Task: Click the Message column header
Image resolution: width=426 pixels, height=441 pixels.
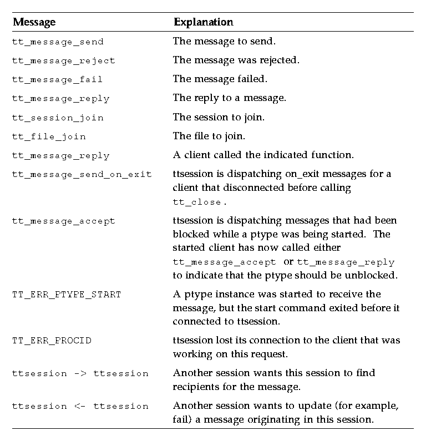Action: click(x=34, y=22)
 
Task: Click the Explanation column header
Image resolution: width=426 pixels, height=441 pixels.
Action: click(x=203, y=22)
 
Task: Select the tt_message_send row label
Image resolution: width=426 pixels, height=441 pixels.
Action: click(x=58, y=42)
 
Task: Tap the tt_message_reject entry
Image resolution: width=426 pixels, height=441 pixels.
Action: click(x=63, y=60)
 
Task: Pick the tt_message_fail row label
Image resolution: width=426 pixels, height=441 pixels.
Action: click(x=57, y=79)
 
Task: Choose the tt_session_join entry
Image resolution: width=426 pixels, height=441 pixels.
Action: click(x=58, y=118)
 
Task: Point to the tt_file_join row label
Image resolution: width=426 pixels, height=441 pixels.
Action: click(x=49, y=136)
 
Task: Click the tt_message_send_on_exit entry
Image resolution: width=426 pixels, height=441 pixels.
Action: click(x=82, y=174)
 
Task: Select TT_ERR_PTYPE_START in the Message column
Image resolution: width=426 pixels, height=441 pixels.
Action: click(x=66, y=295)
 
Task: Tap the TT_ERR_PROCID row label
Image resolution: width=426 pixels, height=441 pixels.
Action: click(x=52, y=341)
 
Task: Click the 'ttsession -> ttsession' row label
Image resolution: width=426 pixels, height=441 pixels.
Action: click(x=80, y=374)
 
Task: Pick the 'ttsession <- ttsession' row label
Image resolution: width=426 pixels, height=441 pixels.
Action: click(x=80, y=407)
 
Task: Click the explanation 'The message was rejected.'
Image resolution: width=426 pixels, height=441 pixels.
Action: click(x=236, y=60)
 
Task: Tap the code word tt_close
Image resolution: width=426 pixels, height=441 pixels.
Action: click(x=196, y=202)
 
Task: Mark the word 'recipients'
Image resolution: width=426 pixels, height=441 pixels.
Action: click(x=195, y=386)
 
